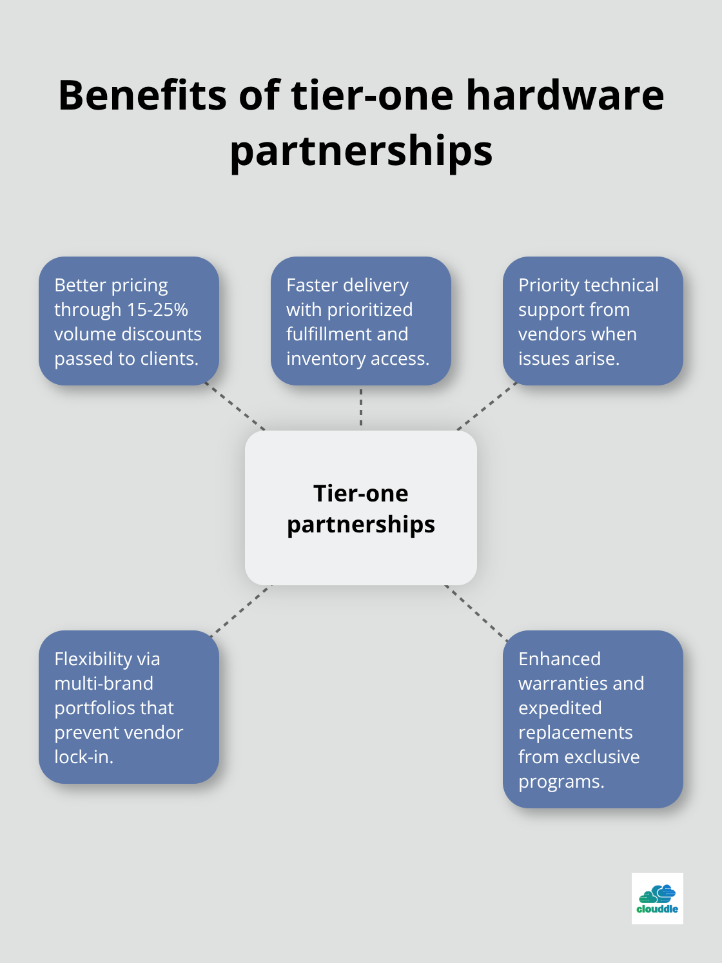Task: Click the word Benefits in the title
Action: pyautogui.click(x=142, y=95)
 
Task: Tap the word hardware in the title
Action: pyautogui.click(x=565, y=95)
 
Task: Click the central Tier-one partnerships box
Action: pyautogui.click(x=361, y=508)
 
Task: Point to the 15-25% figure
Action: pyautogui.click(x=157, y=310)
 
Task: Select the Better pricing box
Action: pyautogui.click(x=129, y=321)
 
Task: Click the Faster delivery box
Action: pyautogui.click(x=361, y=321)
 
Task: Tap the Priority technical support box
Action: pyautogui.click(x=593, y=321)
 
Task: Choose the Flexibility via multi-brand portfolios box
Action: pyautogui.click(x=129, y=707)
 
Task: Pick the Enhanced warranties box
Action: pyautogui.click(x=593, y=719)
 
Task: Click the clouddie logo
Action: pyautogui.click(x=657, y=898)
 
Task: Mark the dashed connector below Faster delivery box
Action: pyautogui.click(x=361, y=407)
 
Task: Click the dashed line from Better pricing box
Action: pyautogui.click(x=235, y=406)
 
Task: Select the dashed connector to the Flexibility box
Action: pyautogui.click(x=241, y=609)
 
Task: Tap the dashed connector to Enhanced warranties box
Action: pyautogui.click(x=476, y=609)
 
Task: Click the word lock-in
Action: pyautogui.click(x=84, y=757)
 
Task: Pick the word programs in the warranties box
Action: pyautogui.click(x=561, y=782)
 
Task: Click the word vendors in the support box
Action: pyautogui.click(x=548, y=335)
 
